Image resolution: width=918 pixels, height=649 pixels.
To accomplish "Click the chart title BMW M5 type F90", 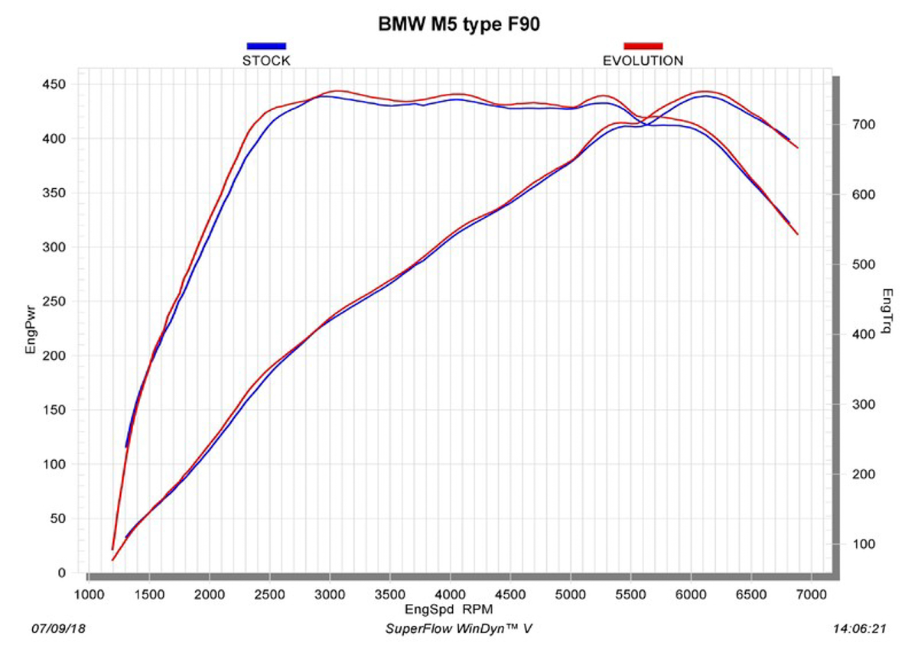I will (x=460, y=24).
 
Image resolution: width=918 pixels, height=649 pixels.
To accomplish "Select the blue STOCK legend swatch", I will (x=266, y=46).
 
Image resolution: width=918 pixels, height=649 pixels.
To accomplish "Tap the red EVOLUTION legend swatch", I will (x=643, y=46).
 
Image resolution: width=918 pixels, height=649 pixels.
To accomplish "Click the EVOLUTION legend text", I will (x=643, y=60).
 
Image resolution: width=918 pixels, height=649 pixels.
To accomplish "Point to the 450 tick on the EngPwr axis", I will (x=57, y=84).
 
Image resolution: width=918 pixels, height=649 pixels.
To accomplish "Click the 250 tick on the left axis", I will (x=57, y=301).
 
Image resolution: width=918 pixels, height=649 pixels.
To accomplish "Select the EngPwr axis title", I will (x=31, y=328).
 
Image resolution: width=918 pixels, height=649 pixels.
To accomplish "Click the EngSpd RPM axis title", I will (x=449, y=609).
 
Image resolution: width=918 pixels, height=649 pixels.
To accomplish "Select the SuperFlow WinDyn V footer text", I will (x=459, y=628).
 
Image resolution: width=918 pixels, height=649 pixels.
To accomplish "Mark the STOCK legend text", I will (x=266, y=60).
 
